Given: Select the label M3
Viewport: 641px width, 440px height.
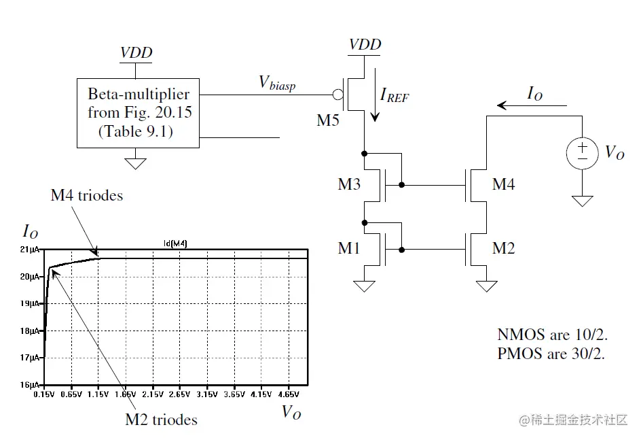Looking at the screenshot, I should pos(349,184).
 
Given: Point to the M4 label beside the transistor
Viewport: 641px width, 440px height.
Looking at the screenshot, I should pos(503,184).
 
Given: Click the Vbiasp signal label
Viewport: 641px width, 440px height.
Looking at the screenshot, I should pos(277,83).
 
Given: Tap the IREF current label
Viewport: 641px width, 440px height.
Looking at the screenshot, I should pos(395,96).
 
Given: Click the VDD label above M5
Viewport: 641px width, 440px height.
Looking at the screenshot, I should pos(365,45).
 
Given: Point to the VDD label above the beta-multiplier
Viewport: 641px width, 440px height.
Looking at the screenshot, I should pos(136,53).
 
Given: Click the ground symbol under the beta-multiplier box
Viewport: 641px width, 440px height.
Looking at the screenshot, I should pos(136,163).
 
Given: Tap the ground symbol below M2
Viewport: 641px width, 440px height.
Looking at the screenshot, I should pos(487,286).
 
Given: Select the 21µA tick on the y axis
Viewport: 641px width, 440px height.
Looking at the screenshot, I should pos(31,250).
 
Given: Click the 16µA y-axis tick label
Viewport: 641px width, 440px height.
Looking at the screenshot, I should pos(31,385).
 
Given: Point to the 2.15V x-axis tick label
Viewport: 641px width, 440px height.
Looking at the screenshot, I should pos(153,394).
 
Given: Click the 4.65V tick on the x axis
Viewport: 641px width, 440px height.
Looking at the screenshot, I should pos(288,394).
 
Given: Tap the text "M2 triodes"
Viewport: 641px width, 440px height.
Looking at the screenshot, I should pos(162,419).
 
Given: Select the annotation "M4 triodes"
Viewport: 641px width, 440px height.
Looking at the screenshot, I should pos(87,195).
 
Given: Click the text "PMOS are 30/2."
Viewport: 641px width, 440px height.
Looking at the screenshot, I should pos(551,353).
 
